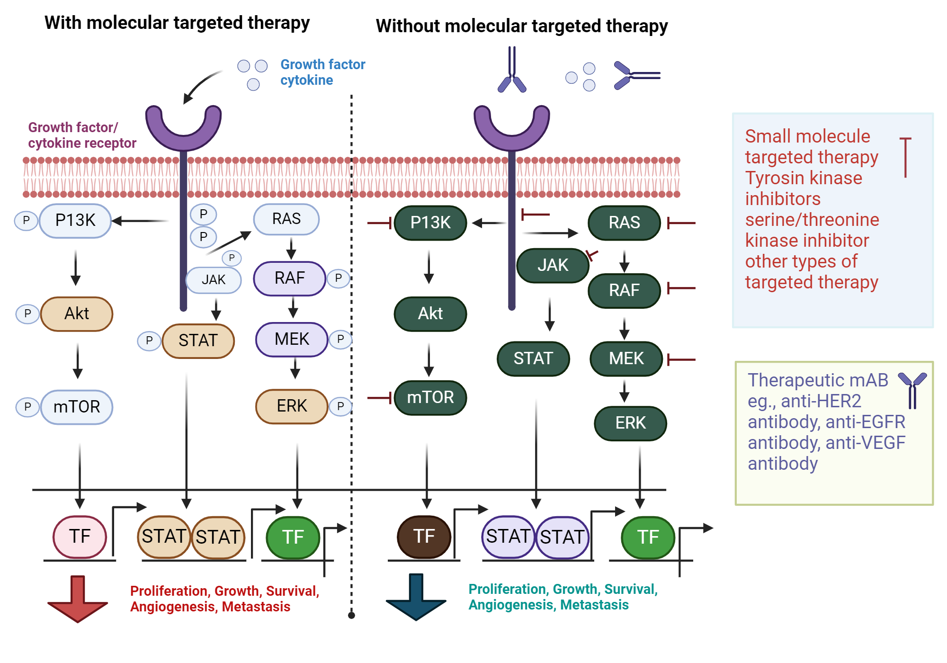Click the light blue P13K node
coord(75,221)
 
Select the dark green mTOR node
coord(430,397)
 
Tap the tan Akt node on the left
coord(77,314)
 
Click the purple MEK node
coord(292,339)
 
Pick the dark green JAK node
coord(553,265)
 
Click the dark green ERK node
coord(630,423)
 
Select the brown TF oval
coord(424,537)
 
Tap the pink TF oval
coord(80,537)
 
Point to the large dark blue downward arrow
coord(416,597)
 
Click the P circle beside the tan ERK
coord(340,406)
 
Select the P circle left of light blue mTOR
coord(27,407)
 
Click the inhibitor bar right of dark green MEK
coord(681,360)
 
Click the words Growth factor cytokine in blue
coord(322,72)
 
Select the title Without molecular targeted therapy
coord(521,26)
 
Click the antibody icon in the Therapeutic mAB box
coord(912,390)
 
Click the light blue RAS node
coord(286,219)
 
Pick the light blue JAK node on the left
coord(214,280)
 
